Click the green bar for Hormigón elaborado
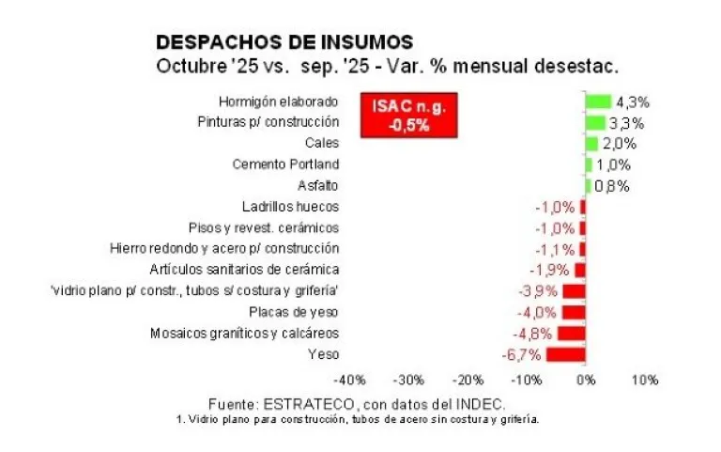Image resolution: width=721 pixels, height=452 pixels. (x=598, y=101)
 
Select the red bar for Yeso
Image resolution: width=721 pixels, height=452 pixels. (x=566, y=354)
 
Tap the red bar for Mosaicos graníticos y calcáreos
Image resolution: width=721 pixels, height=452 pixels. (x=572, y=334)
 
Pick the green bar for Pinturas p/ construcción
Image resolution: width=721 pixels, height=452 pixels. (x=595, y=122)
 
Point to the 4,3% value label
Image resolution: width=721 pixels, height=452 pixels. (x=633, y=101)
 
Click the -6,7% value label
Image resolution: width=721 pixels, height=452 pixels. (x=522, y=354)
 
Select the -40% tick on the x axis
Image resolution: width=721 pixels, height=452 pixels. (x=350, y=380)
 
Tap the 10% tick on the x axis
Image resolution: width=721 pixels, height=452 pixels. (x=644, y=380)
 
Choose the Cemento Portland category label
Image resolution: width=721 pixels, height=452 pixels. (x=285, y=164)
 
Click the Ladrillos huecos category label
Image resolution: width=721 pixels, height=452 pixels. (x=290, y=207)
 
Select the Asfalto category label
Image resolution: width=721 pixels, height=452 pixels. (x=317, y=185)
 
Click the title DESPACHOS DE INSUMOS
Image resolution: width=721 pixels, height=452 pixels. (x=284, y=42)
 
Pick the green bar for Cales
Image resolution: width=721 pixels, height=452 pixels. (x=591, y=144)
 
